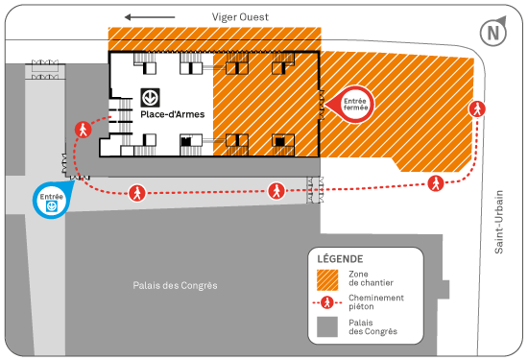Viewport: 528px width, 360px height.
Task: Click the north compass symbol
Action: click(494, 33)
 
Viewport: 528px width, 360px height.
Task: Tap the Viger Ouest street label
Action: click(241, 16)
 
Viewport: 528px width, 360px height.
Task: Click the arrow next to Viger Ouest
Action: click(150, 16)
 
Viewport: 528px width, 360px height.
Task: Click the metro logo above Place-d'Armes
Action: click(150, 97)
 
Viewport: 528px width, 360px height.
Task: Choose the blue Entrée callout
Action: click(50, 200)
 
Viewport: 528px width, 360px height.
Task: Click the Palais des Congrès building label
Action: click(176, 285)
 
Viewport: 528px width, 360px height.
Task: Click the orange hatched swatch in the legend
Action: click(327, 278)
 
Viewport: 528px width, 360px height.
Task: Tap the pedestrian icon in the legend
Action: click(327, 302)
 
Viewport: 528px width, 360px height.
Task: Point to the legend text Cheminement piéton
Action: click(375, 302)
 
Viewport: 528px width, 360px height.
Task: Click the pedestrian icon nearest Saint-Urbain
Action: click(476, 108)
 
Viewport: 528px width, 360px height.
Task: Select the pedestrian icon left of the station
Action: click(84, 129)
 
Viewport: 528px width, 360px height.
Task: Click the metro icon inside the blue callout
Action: click(50, 204)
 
